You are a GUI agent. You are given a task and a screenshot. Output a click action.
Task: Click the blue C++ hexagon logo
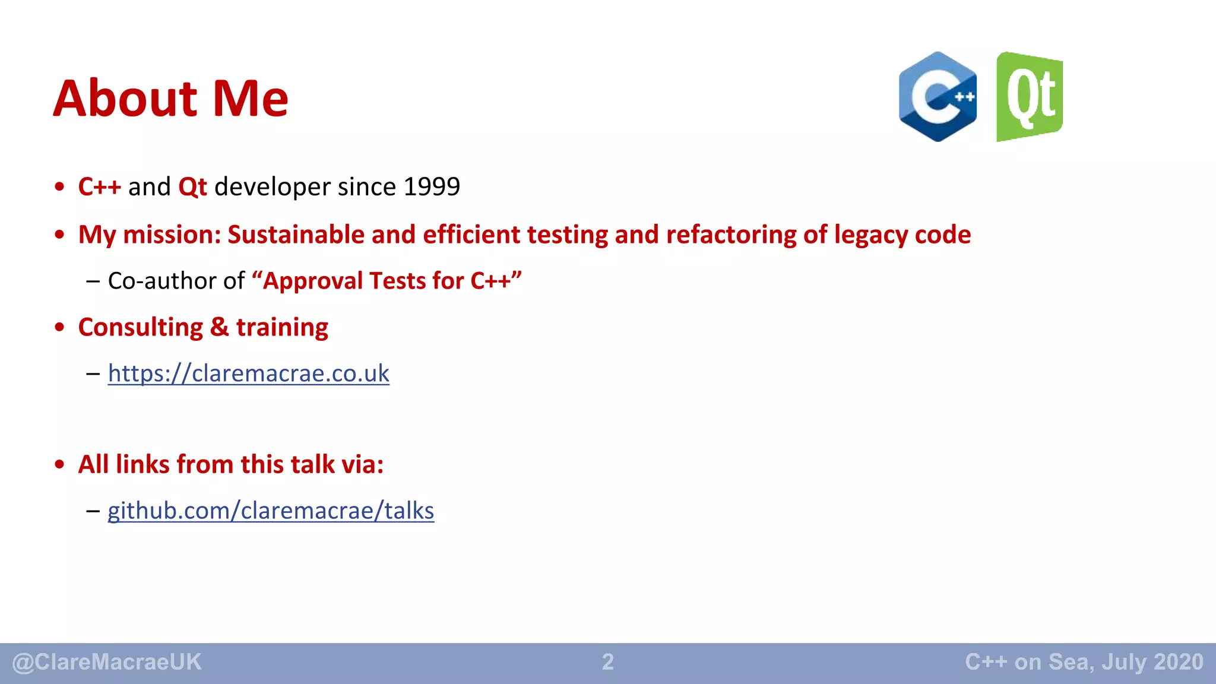pos(938,97)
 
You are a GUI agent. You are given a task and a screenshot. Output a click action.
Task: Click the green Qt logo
pos(1029,97)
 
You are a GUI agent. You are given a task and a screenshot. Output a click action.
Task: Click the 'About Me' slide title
pos(171,99)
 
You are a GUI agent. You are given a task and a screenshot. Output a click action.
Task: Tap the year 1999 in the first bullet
pos(432,187)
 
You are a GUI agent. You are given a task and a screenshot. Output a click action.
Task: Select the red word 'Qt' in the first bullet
pos(192,187)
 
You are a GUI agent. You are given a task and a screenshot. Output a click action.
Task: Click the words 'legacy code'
pos(902,235)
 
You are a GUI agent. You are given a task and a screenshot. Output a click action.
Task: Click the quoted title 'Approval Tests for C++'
pos(387,281)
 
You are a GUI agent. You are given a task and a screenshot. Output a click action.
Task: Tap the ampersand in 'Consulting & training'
pos(219,327)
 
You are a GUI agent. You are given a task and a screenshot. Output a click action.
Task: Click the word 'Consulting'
pos(141,327)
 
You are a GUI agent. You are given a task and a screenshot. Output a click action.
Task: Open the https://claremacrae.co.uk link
pos(248,373)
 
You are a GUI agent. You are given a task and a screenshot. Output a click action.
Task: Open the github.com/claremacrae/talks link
pos(271,511)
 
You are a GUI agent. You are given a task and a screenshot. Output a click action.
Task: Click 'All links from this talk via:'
pos(231,464)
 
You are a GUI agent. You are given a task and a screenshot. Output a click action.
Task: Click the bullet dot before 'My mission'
pos(59,235)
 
